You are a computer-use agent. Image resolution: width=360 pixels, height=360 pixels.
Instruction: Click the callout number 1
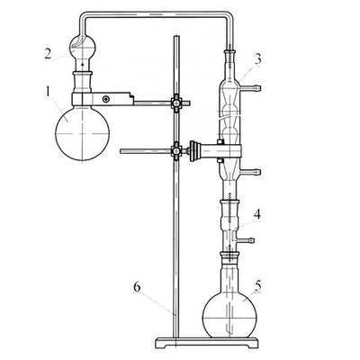(49, 92)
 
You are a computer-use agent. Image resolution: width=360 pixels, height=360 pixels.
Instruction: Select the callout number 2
(49, 54)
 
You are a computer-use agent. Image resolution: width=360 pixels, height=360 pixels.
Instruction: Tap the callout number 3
(257, 59)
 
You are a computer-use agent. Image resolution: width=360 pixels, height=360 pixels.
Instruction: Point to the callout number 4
(257, 214)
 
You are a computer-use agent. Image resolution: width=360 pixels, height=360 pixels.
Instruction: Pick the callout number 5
(258, 286)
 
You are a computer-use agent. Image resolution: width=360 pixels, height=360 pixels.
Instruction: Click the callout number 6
(137, 287)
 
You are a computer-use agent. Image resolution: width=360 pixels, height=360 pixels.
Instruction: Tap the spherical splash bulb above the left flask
(83, 47)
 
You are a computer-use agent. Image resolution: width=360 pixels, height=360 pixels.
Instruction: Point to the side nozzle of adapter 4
(246, 240)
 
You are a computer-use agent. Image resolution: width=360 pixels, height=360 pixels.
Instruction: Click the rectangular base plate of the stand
(207, 343)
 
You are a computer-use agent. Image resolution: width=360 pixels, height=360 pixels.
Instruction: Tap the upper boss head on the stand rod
(176, 103)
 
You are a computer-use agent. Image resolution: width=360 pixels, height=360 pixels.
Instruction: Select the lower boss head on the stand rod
(176, 150)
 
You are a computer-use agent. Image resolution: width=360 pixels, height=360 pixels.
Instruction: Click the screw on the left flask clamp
(105, 99)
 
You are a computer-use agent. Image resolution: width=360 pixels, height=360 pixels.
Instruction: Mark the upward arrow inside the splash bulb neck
(83, 61)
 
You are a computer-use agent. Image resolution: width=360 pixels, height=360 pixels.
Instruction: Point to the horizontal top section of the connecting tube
(155, 14)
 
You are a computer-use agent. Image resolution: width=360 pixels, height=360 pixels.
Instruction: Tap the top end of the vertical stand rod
(176, 36)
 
